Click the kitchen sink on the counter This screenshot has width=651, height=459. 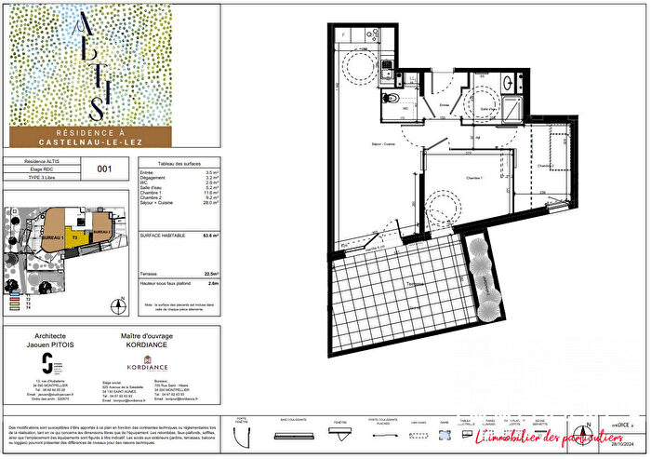(386, 65)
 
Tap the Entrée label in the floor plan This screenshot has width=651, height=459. (444, 106)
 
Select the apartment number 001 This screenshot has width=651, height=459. (104, 169)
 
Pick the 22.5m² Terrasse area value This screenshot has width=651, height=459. (213, 272)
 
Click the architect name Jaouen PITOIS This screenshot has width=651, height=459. (54, 344)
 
